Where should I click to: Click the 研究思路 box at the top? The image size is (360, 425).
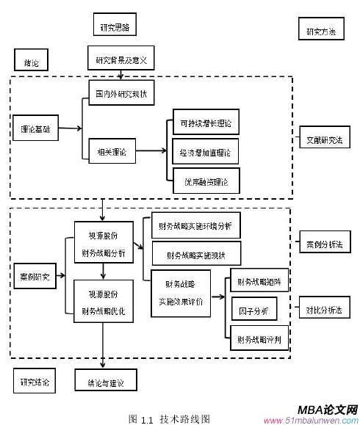(x=115, y=27)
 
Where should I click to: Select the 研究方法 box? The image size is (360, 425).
(x=320, y=32)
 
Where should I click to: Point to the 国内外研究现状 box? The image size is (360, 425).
(x=118, y=94)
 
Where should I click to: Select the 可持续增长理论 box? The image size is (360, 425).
(x=205, y=123)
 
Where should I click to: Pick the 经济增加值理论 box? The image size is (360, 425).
(x=205, y=153)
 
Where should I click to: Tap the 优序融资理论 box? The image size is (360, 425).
(x=205, y=181)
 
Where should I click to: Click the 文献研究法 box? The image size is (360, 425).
(x=323, y=139)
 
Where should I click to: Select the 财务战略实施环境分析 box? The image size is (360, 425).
(x=195, y=225)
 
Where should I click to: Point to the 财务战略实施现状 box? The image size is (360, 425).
(x=195, y=255)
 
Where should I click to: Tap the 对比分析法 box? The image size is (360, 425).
(x=323, y=310)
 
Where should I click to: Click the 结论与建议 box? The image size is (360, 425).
(x=105, y=382)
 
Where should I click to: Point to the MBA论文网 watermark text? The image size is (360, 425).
(x=328, y=410)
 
